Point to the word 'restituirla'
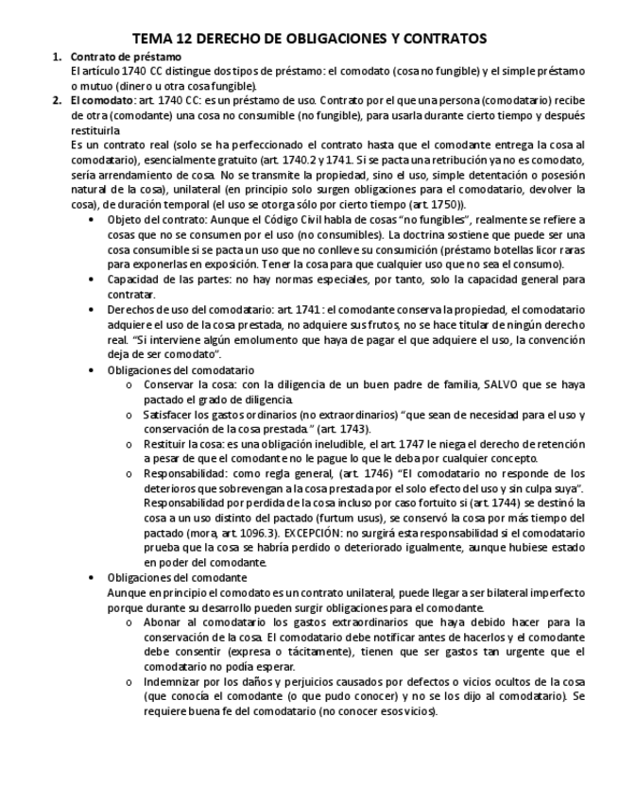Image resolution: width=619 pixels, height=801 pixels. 95,129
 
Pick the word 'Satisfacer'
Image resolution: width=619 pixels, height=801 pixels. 170,415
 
